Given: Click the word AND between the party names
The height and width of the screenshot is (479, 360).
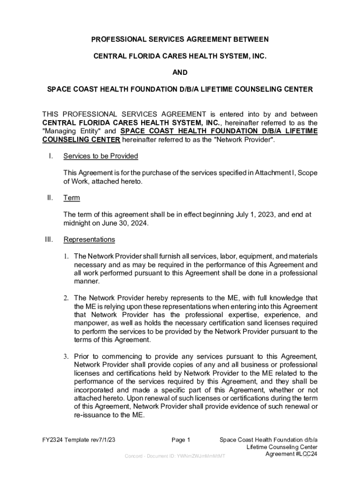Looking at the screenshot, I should tap(180, 73).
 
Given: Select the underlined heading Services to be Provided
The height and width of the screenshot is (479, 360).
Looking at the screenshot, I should tap(101, 156).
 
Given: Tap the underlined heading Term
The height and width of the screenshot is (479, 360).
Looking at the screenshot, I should tap(72, 198).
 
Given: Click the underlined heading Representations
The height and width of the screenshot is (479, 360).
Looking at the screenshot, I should tap(89, 239).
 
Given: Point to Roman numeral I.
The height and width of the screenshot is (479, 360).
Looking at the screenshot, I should tap(50, 156).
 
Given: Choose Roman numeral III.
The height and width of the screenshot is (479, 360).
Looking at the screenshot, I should tap(49, 239).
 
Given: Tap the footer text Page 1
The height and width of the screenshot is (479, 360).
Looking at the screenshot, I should tap(181, 440).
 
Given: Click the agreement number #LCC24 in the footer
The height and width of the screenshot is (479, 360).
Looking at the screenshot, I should tap(301, 455).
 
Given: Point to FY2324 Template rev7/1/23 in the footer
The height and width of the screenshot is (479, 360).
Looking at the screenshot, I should tap(79, 440).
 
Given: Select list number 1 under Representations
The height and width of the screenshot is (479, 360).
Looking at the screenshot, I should tap(67, 256).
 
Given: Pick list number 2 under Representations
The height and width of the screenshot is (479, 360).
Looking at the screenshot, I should tap(67, 298).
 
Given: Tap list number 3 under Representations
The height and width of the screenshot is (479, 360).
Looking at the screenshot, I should tap(67, 357).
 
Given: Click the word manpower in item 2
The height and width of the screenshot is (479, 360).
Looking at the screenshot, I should tap(92, 323).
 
